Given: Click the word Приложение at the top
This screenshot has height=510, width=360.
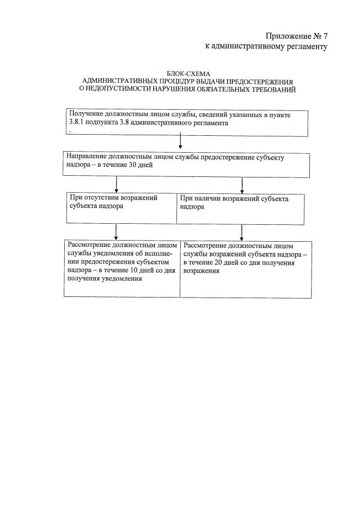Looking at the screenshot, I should tap(286, 37).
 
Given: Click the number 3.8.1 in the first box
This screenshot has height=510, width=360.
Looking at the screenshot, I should tap(75, 123).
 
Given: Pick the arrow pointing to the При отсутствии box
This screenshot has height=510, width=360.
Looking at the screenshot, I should tap(116, 185).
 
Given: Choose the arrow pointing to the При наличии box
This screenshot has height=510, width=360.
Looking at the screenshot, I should tap(242, 185).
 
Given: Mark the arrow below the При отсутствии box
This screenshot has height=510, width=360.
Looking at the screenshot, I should tap(116, 231).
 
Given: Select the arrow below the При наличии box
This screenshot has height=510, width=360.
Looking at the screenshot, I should tap(242, 231).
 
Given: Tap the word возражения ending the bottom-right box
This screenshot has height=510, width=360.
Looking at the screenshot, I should tap(201, 270).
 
